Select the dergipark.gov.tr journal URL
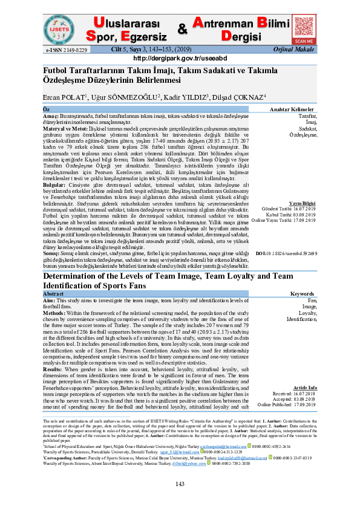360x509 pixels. coord(180,59)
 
